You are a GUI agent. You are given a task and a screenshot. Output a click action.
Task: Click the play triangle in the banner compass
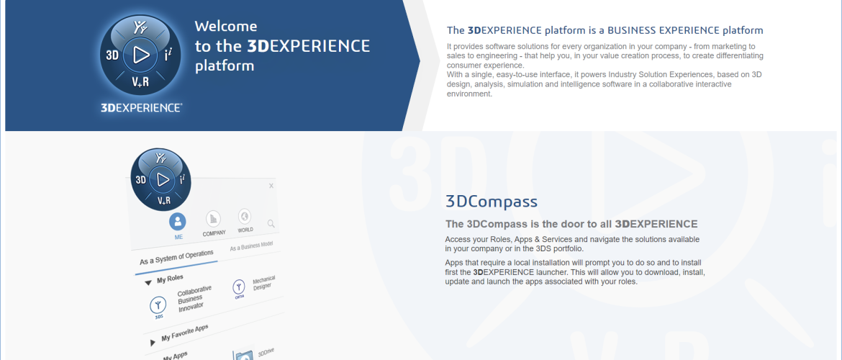coord(141,54)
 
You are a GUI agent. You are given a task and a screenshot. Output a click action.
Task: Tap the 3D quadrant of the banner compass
coord(112,55)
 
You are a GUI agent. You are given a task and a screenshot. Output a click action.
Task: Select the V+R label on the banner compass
coord(140,82)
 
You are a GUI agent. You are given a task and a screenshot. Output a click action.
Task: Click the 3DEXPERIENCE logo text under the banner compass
coord(141,107)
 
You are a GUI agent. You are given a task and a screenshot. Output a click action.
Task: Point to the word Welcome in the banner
coord(225,26)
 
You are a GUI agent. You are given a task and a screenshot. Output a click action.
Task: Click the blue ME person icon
coord(178,221)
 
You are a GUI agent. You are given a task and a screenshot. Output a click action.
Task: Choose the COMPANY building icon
coord(214,218)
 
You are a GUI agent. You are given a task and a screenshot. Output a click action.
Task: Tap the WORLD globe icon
coord(245,217)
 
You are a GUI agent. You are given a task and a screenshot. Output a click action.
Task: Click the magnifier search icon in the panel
coord(271,223)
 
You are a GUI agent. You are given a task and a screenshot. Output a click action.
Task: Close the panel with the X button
coord(271,186)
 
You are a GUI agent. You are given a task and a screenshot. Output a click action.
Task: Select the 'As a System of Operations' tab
coord(176,257)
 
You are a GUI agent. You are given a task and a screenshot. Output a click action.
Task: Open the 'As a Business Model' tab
coord(252,247)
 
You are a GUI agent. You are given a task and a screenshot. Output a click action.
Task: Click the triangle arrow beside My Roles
coord(148,283)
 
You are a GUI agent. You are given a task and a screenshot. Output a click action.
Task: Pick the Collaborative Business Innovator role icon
coord(158,306)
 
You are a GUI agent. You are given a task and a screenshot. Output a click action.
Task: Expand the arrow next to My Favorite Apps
coord(152,342)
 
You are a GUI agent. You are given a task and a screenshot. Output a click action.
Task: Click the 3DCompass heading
coord(492,202)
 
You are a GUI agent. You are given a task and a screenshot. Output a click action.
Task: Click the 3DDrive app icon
coord(243,355)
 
